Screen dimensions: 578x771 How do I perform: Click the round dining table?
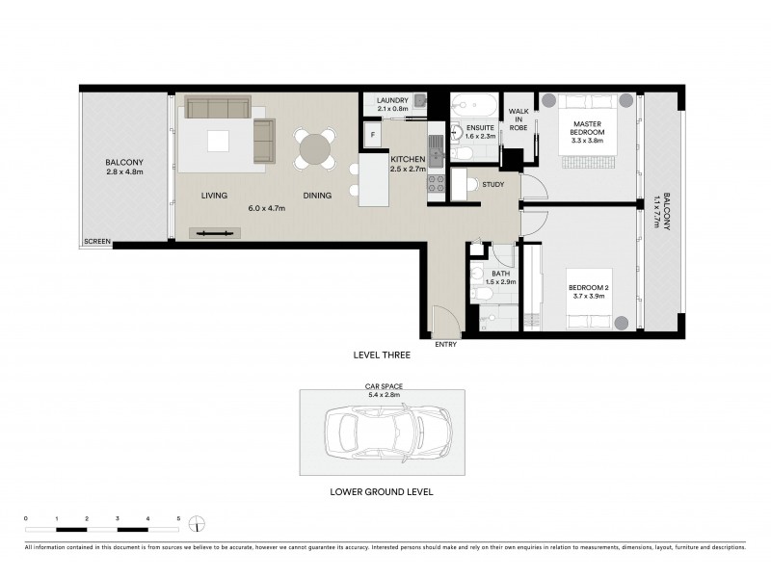(x=315, y=148)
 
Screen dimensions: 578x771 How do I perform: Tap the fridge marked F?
(x=372, y=134)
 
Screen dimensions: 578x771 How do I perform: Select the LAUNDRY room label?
(x=392, y=100)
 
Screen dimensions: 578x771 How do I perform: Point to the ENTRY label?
(x=446, y=344)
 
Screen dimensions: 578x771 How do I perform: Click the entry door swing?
(x=445, y=319)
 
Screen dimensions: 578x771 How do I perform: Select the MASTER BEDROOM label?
(x=588, y=128)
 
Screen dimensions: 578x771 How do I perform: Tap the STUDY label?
(x=493, y=184)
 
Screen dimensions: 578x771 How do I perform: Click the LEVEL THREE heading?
(x=383, y=355)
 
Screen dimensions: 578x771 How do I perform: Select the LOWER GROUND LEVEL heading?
(x=382, y=491)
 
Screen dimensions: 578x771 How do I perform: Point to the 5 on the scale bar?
(x=178, y=519)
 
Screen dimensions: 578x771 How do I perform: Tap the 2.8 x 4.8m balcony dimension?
(x=125, y=172)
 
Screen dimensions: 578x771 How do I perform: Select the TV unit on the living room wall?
(x=215, y=232)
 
